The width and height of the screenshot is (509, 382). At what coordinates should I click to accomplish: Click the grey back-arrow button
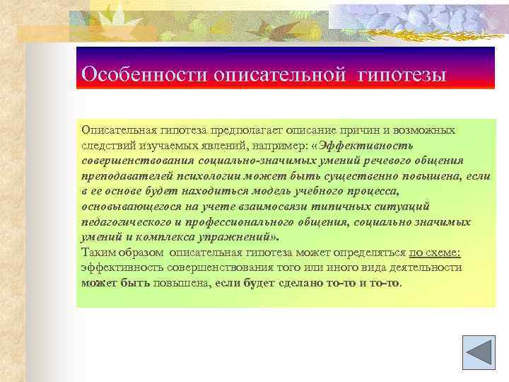[x=477, y=351]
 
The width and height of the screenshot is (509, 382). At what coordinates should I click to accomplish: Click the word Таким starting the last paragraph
[x=98, y=253]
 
